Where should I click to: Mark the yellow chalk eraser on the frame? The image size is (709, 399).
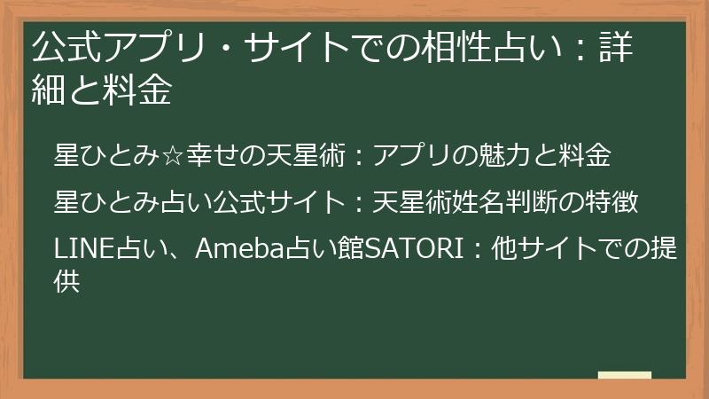(x=624, y=377)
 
